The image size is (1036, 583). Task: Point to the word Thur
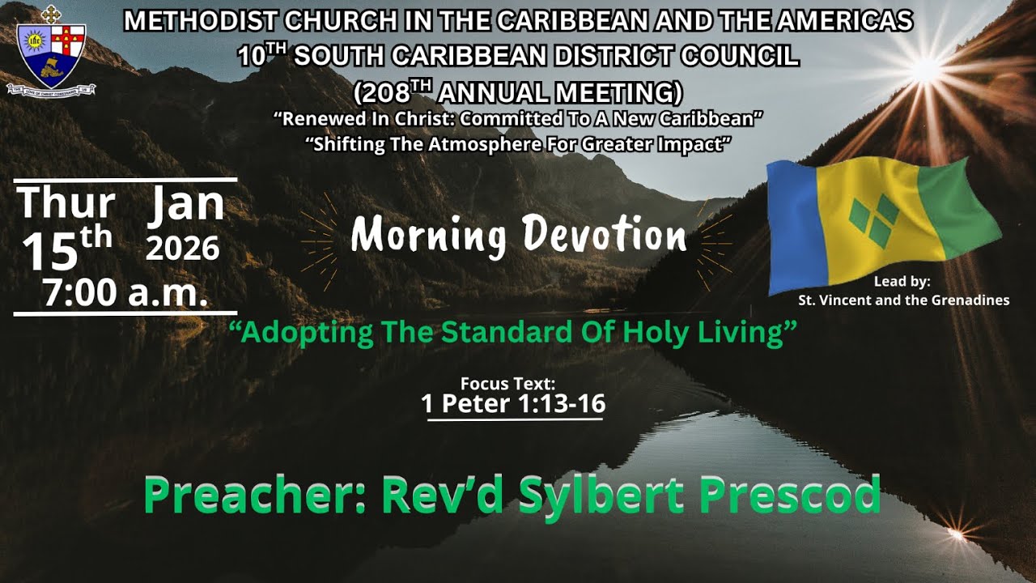pyautogui.click(x=66, y=203)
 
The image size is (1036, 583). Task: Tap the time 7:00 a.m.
pyautogui.click(x=125, y=293)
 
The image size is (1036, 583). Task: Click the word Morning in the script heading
pyautogui.click(x=429, y=235)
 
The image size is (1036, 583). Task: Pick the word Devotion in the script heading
pyautogui.click(x=604, y=235)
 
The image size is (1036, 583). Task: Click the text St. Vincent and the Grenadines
pyautogui.click(x=903, y=300)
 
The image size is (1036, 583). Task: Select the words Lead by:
pyautogui.click(x=902, y=283)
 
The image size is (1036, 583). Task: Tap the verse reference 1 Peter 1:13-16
pyautogui.click(x=513, y=403)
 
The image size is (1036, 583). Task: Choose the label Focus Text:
pyautogui.click(x=507, y=384)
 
